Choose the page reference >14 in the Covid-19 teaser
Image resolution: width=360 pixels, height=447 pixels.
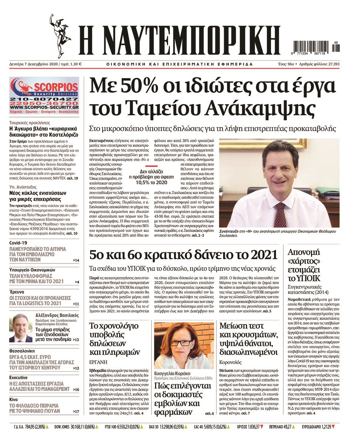(76, 260)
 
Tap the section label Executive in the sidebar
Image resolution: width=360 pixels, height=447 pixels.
(18, 378)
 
